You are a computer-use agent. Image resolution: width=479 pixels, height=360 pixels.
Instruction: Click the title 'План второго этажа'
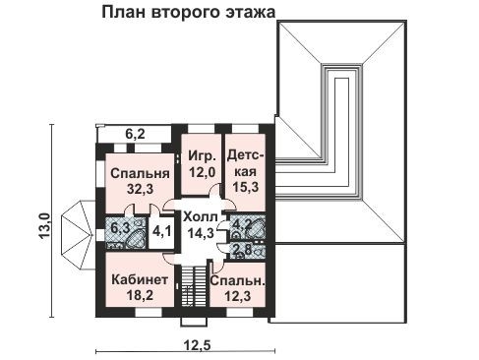pos(188,12)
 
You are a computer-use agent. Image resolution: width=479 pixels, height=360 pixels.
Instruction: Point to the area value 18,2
pos(140,294)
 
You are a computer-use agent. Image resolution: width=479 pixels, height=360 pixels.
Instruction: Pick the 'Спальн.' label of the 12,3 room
pos(236,279)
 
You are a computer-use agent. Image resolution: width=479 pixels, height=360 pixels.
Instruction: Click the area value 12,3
pos(236,294)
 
